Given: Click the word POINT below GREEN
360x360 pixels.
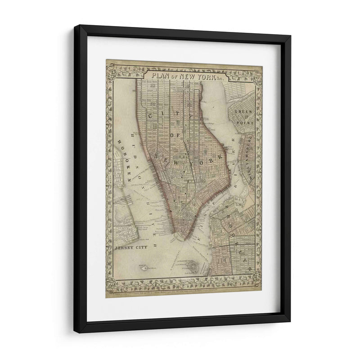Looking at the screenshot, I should tap(246, 122).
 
